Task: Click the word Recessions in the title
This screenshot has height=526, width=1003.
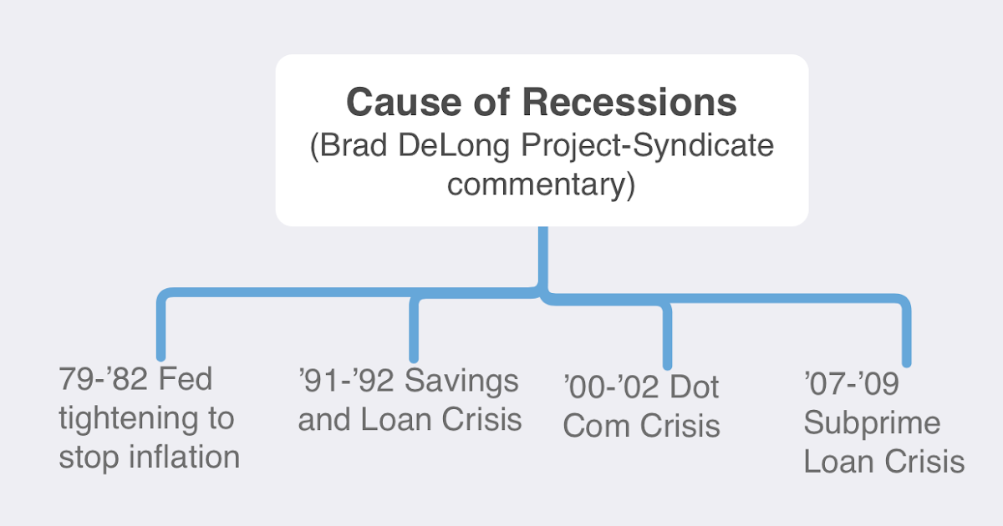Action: (x=629, y=103)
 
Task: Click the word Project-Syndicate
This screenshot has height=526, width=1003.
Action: (x=654, y=146)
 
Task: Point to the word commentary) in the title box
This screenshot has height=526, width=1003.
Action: (x=542, y=184)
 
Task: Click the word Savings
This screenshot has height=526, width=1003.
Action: (x=462, y=381)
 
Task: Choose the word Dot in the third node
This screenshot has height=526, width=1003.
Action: (x=695, y=387)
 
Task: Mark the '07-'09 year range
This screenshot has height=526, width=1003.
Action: (x=851, y=385)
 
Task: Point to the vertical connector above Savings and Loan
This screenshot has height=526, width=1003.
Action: (x=413, y=330)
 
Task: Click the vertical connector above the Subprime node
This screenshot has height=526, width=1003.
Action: (x=906, y=334)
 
